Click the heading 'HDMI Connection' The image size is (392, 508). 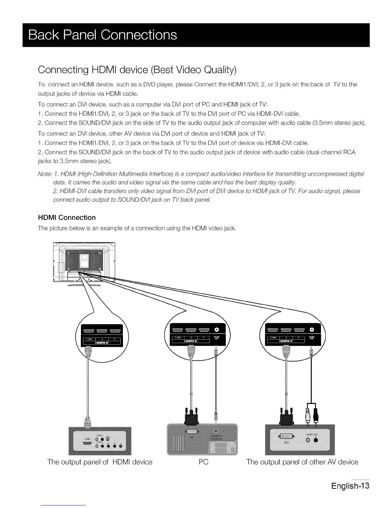click(67, 217)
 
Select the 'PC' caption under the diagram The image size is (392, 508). click(203, 462)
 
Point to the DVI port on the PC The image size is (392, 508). click(191, 431)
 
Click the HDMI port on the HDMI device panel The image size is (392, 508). click(87, 443)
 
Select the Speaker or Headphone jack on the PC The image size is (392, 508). click(216, 431)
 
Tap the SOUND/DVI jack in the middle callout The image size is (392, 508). click(216, 329)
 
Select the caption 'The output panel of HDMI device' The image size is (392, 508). click(100, 462)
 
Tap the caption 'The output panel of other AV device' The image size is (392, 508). click(302, 462)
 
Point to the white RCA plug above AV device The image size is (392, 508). click(308, 417)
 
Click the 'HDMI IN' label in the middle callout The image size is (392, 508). click(191, 341)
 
